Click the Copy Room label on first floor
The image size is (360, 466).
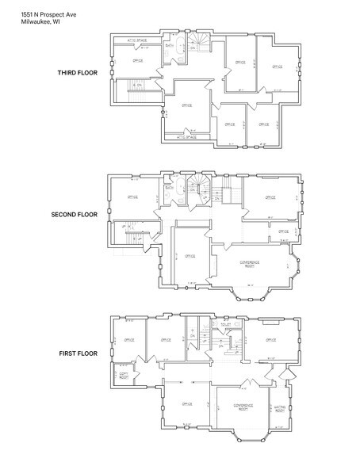pyautogui.click(x=124, y=376)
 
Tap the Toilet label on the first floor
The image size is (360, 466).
pyautogui.click(x=226, y=324)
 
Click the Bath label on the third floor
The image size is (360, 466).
pyautogui.click(x=170, y=46)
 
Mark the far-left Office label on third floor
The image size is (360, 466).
pyautogui.click(x=137, y=60)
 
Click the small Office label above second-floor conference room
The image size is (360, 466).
pyautogui.click(x=283, y=231)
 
